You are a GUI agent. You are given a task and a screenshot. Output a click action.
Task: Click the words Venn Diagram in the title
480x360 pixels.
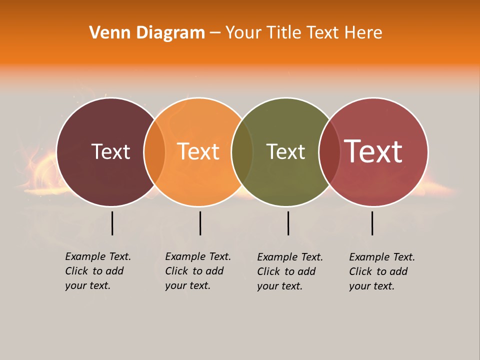pos(147,33)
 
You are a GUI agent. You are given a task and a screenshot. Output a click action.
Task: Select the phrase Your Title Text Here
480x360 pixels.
pos(303,33)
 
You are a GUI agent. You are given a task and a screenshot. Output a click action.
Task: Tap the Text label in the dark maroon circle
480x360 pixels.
pos(110,151)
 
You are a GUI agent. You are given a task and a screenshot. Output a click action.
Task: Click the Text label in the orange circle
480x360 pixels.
pos(198,151)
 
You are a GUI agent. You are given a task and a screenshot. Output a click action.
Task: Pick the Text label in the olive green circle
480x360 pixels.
pos(285,151)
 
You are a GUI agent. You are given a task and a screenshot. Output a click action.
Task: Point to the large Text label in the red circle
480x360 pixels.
pos(373,151)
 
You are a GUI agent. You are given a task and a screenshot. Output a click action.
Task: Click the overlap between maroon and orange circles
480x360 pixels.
pos(154,152)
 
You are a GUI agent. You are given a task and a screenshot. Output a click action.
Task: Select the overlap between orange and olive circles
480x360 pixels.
pos(242,152)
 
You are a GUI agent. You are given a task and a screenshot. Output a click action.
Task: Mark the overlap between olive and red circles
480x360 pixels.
pos(329,152)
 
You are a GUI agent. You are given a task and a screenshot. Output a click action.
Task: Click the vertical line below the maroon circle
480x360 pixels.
pos(112,223)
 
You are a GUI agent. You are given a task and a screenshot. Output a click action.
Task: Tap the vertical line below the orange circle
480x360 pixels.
pos(200,223)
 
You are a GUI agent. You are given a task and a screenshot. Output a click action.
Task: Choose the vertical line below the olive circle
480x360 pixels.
pos(288,223)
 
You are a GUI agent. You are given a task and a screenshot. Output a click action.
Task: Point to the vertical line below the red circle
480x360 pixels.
pos(372,223)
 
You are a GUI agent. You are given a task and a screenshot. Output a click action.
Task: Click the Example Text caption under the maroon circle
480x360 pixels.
pos(97,271)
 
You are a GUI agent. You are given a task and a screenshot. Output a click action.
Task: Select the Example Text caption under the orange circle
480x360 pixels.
pos(197,271)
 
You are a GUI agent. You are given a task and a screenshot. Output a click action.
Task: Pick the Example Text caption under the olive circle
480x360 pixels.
pos(289,271)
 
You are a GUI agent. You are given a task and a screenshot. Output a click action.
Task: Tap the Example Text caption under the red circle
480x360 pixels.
pos(381,271)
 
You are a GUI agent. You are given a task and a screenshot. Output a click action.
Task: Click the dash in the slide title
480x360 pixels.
pos(215,33)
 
